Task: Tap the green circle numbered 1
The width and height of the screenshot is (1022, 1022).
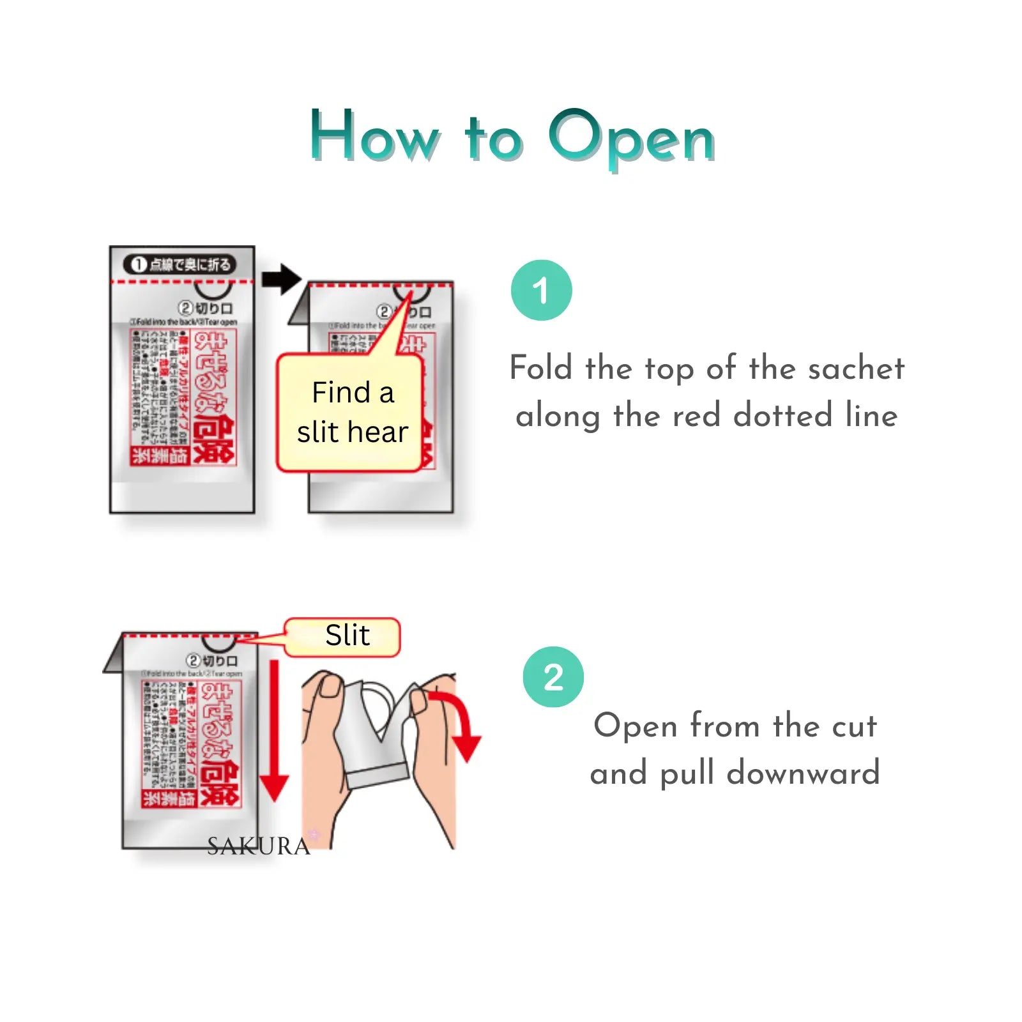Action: click(541, 290)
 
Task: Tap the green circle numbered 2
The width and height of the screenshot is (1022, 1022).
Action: click(553, 676)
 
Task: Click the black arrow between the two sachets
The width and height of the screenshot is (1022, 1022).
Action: click(281, 278)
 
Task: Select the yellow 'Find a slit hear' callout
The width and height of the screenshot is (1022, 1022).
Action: click(351, 412)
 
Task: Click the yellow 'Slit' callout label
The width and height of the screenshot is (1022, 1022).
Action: click(346, 636)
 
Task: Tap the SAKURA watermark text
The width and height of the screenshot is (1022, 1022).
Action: click(258, 846)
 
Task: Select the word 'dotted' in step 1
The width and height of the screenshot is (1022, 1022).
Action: click(783, 416)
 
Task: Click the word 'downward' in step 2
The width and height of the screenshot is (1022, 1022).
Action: click(803, 774)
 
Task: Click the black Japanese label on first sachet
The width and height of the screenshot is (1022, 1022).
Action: click(180, 264)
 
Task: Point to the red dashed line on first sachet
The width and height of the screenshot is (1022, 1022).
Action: click(182, 281)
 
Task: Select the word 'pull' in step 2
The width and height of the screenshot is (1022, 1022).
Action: click(687, 774)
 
